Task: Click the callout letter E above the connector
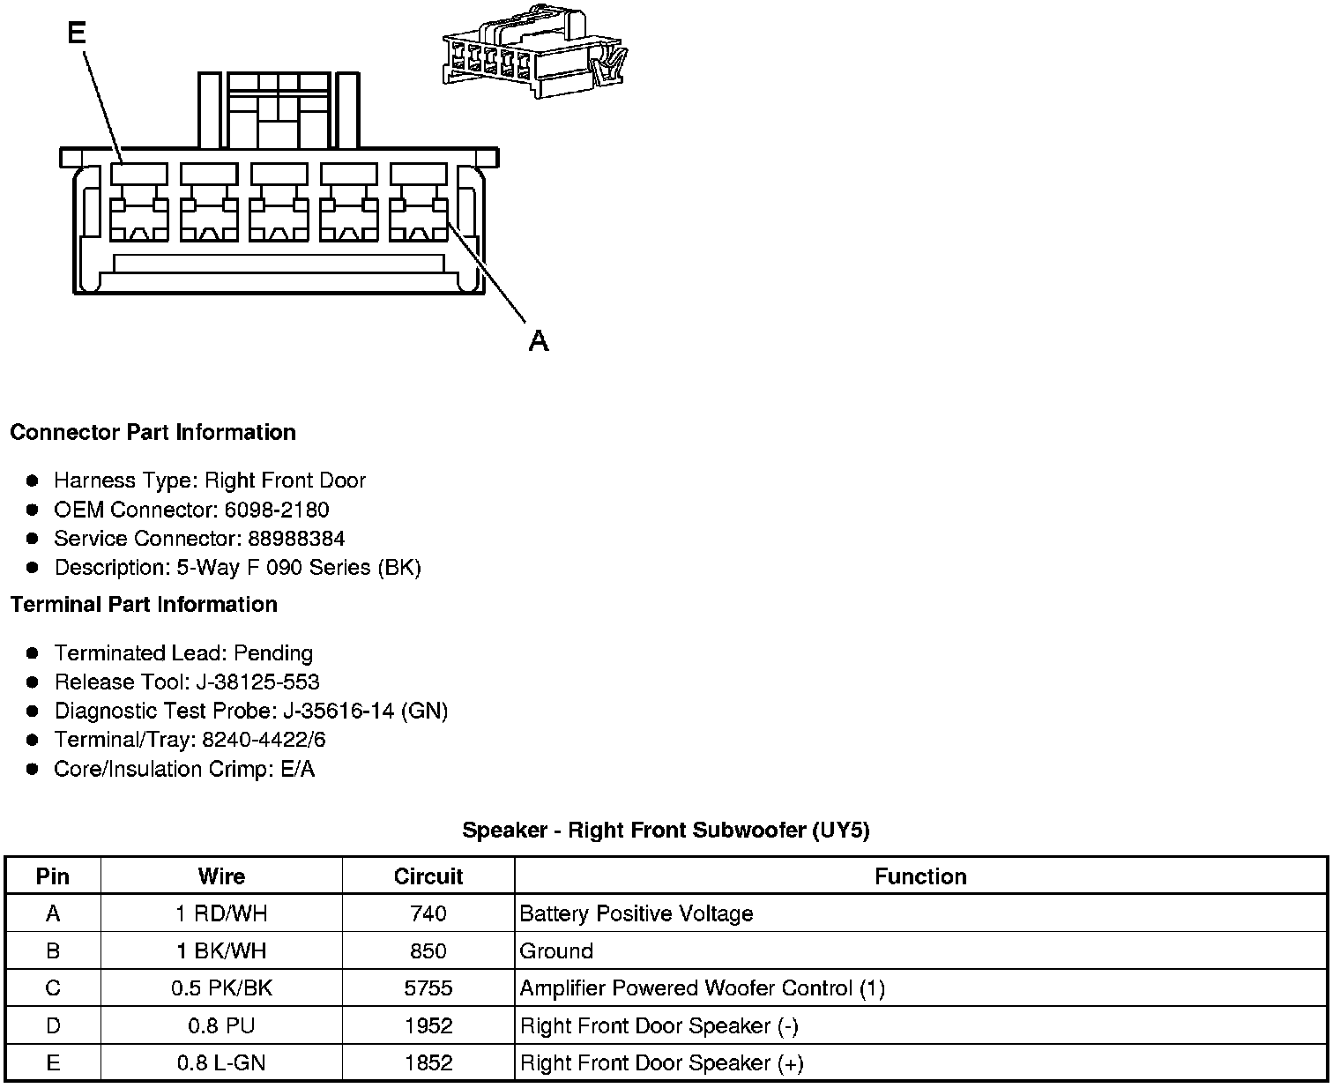(77, 34)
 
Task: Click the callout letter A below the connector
(539, 340)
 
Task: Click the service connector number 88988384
(296, 539)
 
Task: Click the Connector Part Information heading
(153, 433)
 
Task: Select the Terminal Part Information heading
(144, 605)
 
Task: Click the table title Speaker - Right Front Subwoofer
(666, 831)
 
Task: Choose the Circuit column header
(428, 876)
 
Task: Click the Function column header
(920, 876)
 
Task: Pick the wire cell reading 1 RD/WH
(221, 914)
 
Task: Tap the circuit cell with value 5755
(428, 988)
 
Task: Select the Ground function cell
(556, 951)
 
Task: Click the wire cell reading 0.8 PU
(221, 1026)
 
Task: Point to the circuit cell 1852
(428, 1063)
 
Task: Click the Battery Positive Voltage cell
(636, 914)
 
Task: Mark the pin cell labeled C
(53, 988)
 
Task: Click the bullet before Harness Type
(33, 481)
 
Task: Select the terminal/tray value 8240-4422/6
(264, 741)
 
